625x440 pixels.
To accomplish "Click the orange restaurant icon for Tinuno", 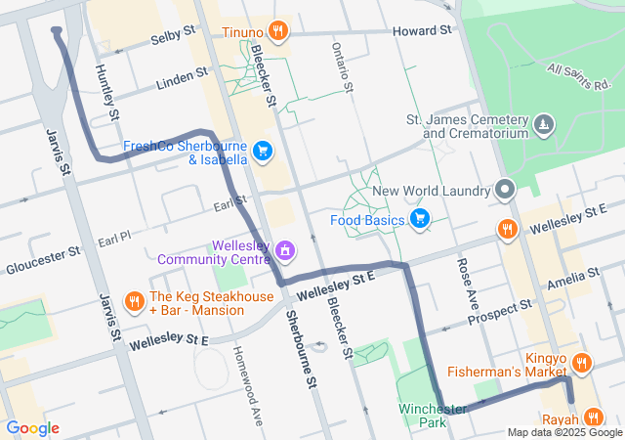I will (x=278, y=31).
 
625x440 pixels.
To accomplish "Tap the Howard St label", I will (x=422, y=31).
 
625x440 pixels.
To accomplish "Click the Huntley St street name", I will (x=106, y=93).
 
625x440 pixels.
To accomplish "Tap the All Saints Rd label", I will (x=578, y=75).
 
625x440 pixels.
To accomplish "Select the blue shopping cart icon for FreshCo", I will (x=262, y=151).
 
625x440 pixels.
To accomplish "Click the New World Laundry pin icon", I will (x=505, y=190).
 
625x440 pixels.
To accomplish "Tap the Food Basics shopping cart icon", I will (x=420, y=218).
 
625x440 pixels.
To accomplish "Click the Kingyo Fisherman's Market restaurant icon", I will (x=581, y=364).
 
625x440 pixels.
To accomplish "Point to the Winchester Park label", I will (x=432, y=415).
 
